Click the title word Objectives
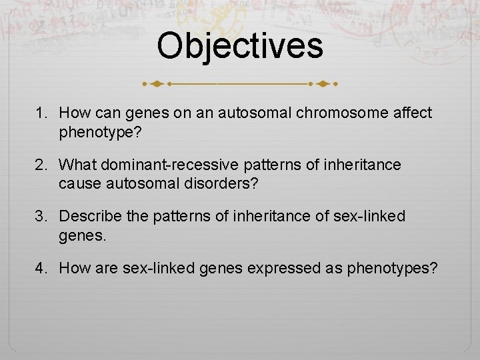[240, 46]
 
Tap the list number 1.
[41, 114]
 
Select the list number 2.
[41, 165]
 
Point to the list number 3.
[41, 217]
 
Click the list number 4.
[41, 268]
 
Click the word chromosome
[347, 114]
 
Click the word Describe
[89, 217]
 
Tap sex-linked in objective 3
[373, 217]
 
